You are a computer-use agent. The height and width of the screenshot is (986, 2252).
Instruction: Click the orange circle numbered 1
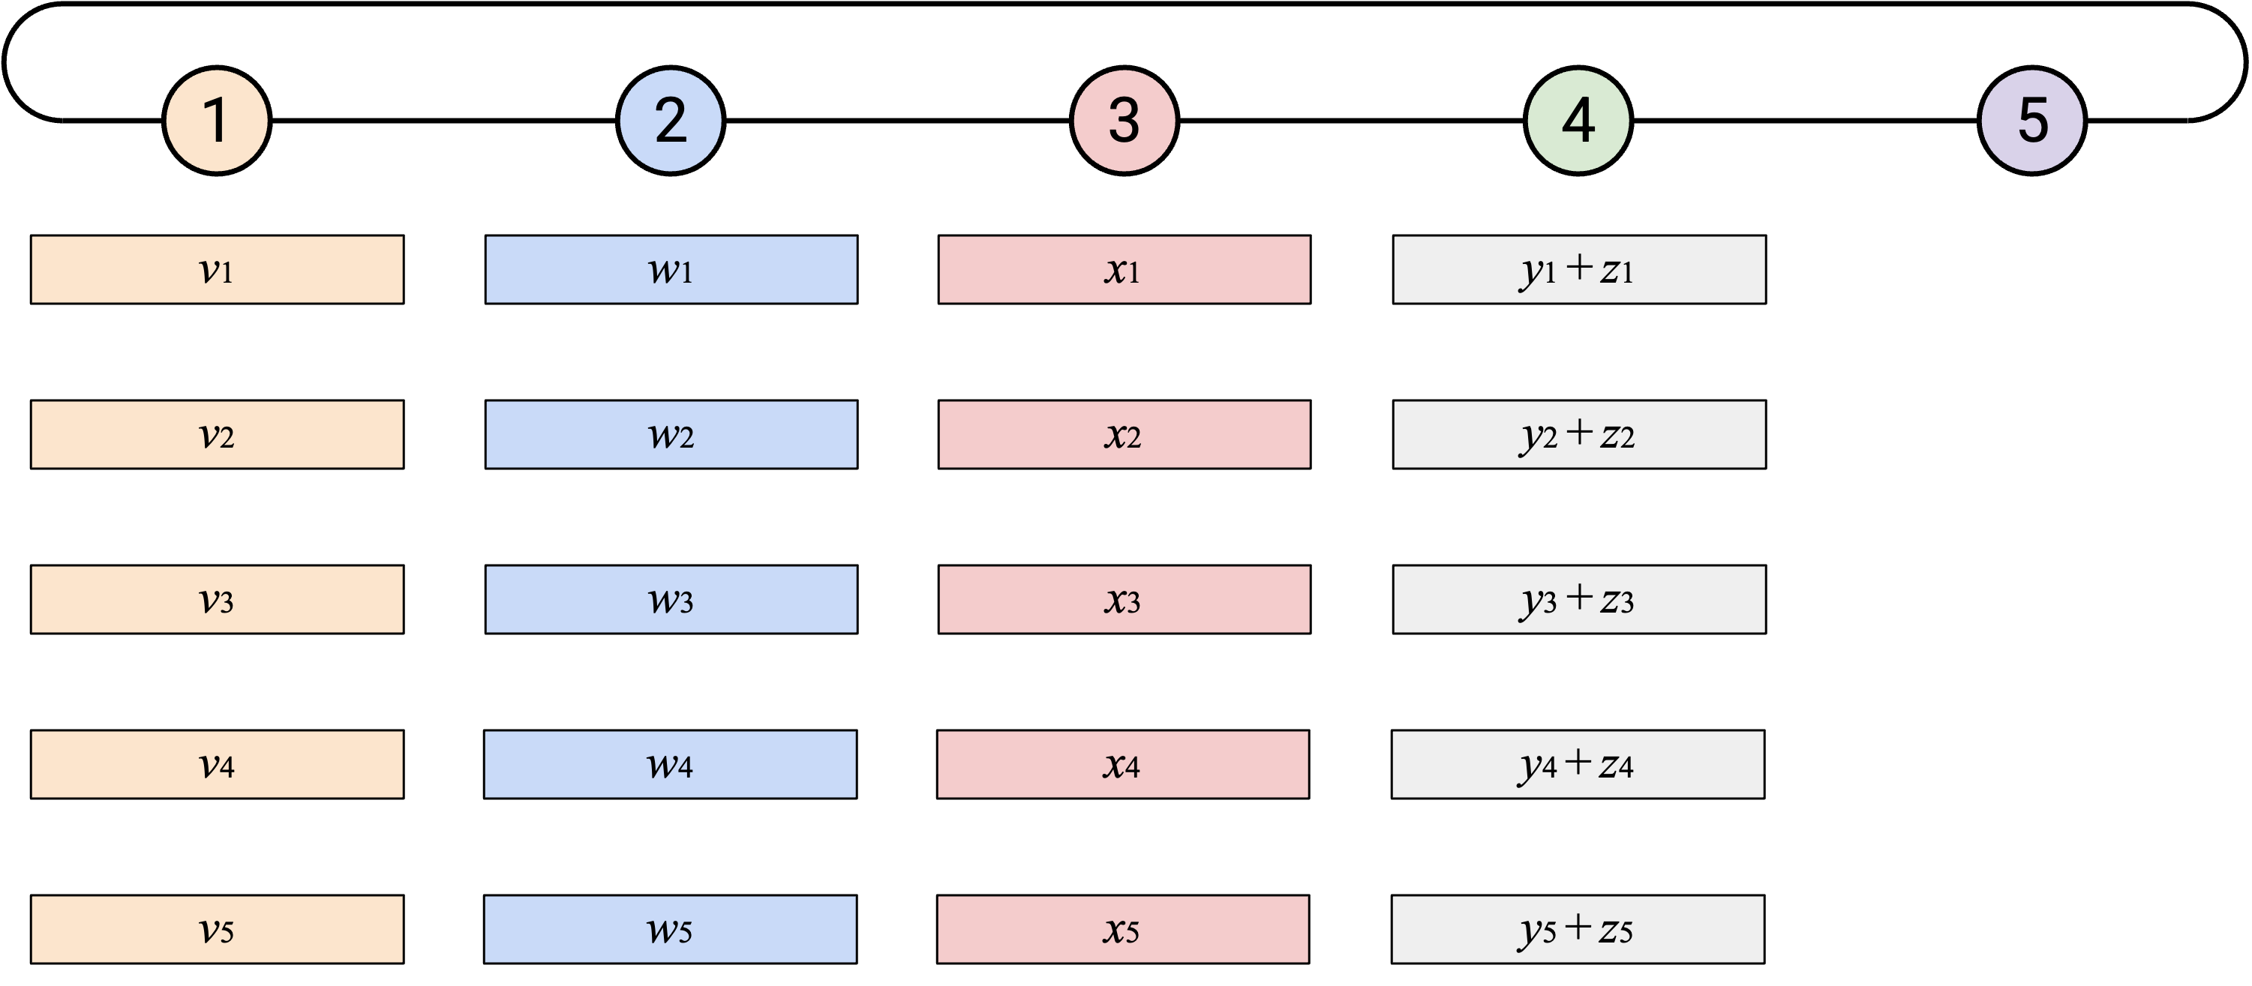click(x=217, y=121)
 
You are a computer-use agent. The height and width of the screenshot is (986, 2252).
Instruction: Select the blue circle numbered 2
click(x=671, y=121)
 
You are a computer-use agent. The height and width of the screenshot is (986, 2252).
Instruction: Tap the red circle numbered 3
click(x=1124, y=121)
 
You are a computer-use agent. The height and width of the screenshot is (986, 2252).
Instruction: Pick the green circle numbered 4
click(x=1578, y=121)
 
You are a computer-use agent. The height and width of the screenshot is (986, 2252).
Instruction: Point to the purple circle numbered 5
click(x=2031, y=121)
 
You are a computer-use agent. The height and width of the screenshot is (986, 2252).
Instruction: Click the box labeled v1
click(x=217, y=269)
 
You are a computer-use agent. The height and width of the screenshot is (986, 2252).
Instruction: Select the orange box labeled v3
click(x=217, y=600)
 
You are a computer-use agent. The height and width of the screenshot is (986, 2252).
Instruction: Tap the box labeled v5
click(x=217, y=929)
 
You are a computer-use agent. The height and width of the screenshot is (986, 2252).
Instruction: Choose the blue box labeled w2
click(x=671, y=434)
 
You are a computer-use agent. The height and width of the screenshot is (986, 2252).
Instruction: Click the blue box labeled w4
click(x=671, y=764)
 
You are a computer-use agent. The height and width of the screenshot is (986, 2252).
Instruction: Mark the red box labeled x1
click(x=1124, y=269)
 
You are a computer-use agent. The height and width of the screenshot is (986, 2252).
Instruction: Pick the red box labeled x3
click(x=1124, y=600)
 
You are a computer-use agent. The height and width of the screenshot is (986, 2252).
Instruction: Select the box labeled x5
click(x=1124, y=929)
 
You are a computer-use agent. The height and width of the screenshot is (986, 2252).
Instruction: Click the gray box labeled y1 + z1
click(x=1579, y=269)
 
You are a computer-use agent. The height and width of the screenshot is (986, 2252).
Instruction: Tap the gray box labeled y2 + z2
click(x=1579, y=434)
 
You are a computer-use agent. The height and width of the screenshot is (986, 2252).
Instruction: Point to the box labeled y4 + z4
click(x=1578, y=764)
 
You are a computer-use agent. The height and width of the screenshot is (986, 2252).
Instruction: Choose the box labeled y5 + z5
click(x=1578, y=929)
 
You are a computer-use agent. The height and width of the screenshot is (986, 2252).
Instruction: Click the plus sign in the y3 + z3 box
click(x=1579, y=597)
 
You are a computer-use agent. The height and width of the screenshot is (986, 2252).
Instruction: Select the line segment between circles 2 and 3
click(x=898, y=121)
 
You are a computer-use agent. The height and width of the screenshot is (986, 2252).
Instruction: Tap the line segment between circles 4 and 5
click(x=1805, y=121)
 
